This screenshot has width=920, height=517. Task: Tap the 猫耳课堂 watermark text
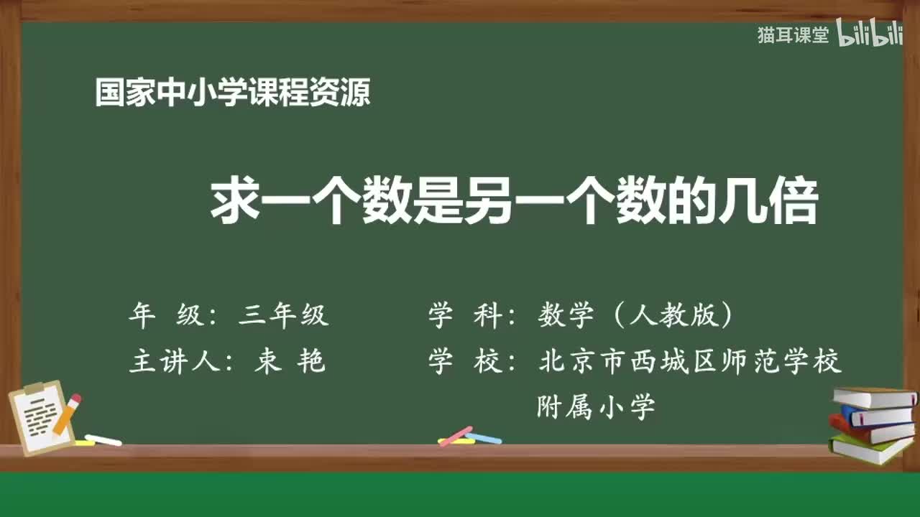(793, 35)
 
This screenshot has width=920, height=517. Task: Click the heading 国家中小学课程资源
(233, 93)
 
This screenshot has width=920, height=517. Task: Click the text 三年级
(284, 316)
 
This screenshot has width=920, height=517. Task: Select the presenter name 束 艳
(290, 362)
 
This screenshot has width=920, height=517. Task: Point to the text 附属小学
(596, 407)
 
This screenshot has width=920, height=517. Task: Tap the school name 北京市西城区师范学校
(689, 362)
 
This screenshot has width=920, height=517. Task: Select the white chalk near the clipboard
(103, 439)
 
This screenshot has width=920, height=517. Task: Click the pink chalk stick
(455, 436)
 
